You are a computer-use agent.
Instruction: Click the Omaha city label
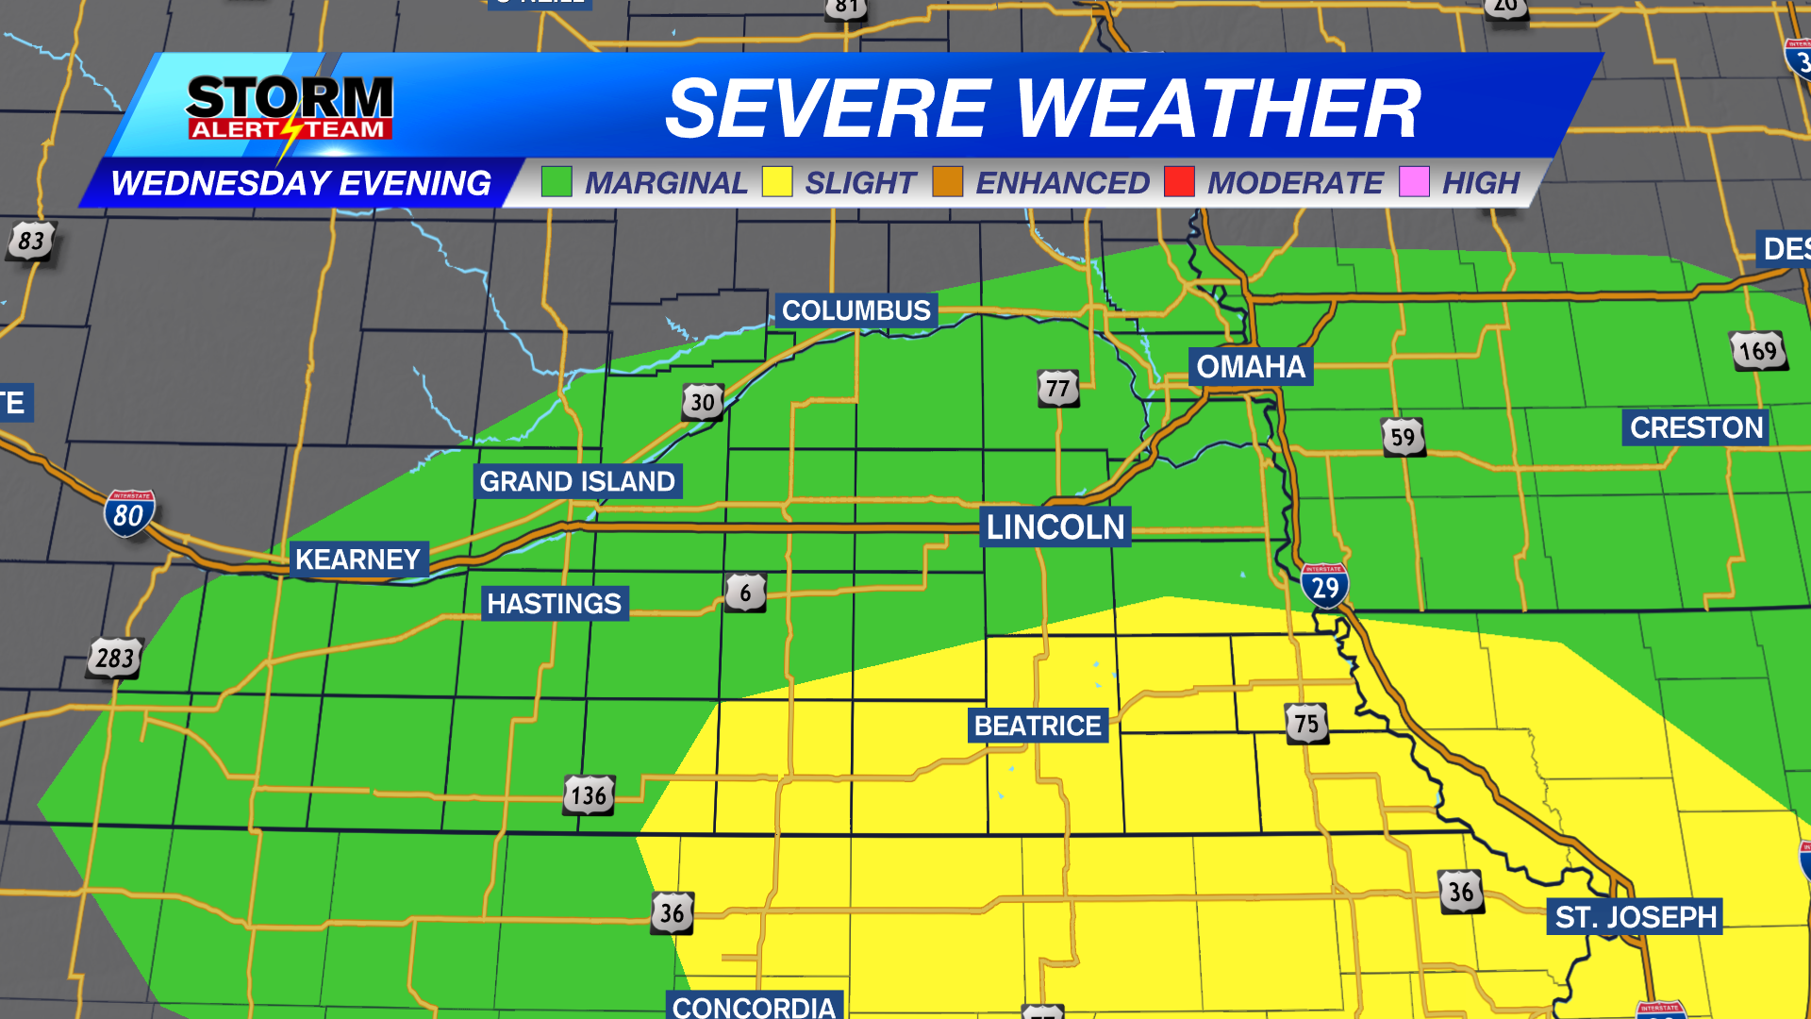point(1250,366)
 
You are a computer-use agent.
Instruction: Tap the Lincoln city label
point(1055,526)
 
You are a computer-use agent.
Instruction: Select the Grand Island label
point(577,481)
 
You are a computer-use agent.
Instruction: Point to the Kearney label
point(357,560)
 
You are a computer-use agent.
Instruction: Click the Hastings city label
point(555,604)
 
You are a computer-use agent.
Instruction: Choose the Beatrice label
point(1038,726)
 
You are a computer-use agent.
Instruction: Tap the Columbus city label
point(856,310)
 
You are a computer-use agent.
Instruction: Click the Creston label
point(1696,427)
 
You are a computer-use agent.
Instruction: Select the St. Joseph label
point(1636,917)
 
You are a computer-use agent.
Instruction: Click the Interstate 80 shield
point(129,514)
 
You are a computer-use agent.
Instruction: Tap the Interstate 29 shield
point(1324,586)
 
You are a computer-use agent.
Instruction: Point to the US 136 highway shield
point(590,795)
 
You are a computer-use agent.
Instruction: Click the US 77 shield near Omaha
point(1058,388)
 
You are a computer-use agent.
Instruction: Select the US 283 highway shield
point(115,658)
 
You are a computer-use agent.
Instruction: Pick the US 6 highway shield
point(745,593)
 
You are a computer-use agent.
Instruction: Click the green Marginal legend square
point(557,181)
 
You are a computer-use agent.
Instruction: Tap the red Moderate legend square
point(1179,181)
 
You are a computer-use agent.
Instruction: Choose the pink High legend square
point(1414,181)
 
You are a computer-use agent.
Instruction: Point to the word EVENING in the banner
point(415,183)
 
